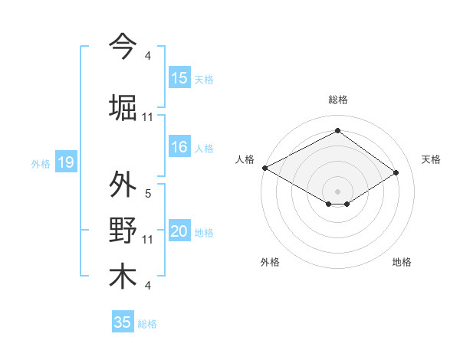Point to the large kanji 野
point(123,231)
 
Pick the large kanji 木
point(123,276)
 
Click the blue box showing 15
point(179,78)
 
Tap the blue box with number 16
point(179,148)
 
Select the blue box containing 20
point(179,232)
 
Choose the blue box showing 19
point(65,162)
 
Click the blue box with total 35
point(123,322)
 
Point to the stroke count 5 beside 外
point(148,194)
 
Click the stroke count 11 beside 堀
point(148,116)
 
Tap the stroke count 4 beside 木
point(148,286)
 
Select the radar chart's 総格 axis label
point(337,100)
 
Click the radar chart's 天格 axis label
point(432,159)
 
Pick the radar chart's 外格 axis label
point(270,262)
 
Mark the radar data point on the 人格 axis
point(264,168)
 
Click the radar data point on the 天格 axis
point(396,173)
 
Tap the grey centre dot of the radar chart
point(337,190)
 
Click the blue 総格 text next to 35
point(147,324)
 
